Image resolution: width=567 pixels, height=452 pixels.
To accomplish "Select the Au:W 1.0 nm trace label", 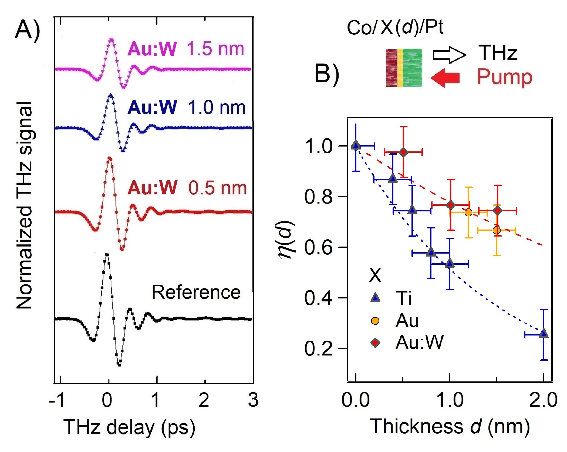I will click(x=186, y=107).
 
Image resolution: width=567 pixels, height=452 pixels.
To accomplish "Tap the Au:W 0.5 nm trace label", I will click(x=187, y=188).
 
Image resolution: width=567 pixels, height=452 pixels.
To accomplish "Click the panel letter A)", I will click(x=27, y=30).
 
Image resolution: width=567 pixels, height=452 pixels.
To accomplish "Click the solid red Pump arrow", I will click(x=445, y=78).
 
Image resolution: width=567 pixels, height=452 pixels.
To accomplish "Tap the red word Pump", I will click(x=504, y=77).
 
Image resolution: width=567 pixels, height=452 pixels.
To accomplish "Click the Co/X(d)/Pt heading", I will click(x=395, y=28).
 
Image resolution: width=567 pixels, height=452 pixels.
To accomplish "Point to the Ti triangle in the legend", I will click(x=375, y=298).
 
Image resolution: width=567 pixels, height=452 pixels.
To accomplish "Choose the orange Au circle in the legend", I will click(x=375, y=321).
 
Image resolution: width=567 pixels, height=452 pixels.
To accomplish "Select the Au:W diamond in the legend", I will click(x=375, y=343).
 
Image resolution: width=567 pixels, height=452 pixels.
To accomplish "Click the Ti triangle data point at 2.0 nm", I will click(x=544, y=334).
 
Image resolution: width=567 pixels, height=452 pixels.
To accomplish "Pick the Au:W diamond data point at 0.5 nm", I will click(x=403, y=152).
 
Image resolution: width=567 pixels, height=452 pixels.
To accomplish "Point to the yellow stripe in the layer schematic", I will click(x=400, y=68).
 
